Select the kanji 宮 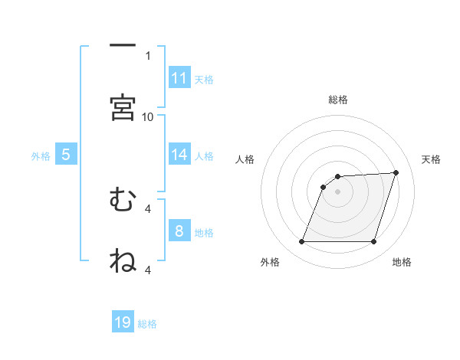(x=123, y=109)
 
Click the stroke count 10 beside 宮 (x=148, y=116)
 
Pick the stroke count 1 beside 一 (x=148, y=55)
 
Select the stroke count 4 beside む (x=148, y=208)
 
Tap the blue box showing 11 (x=179, y=78)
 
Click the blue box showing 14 (x=179, y=155)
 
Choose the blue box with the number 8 (x=179, y=231)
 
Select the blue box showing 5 (x=66, y=155)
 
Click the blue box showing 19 (x=123, y=322)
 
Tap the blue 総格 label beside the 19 (x=147, y=324)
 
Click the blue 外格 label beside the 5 (x=41, y=156)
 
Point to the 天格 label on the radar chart (x=431, y=159)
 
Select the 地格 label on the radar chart (x=402, y=262)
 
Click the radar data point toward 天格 (x=396, y=172)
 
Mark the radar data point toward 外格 (x=302, y=242)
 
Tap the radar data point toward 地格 (x=373, y=242)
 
